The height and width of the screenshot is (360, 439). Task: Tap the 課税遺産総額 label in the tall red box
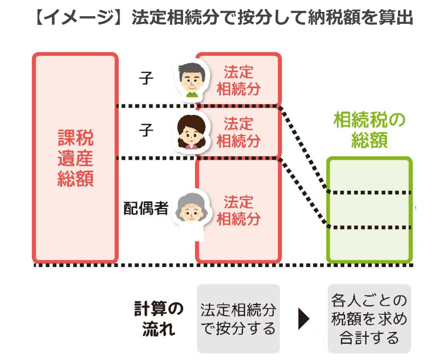pos(75,158)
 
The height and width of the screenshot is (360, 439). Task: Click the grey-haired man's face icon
pos(192,78)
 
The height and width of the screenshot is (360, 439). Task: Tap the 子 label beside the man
pos(146,78)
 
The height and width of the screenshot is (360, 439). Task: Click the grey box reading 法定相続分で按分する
pos(238,319)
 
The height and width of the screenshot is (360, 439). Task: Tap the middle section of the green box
pos(369,210)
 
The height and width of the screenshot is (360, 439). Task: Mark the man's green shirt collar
pos(192,94)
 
